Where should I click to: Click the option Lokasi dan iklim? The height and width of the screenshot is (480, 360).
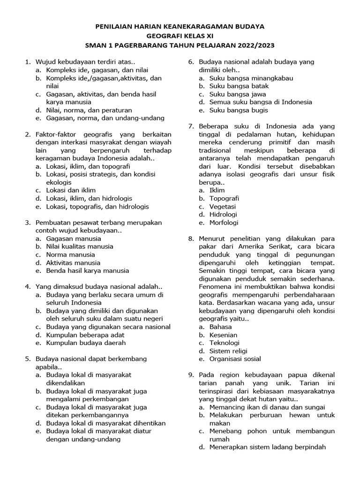coord(71,190)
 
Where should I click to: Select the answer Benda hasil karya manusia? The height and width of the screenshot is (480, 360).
coord(87,270)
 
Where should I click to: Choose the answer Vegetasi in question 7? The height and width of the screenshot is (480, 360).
coord(223,207)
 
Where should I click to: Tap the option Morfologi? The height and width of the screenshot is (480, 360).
coord(224,223)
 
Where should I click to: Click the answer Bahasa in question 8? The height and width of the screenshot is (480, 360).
coord(220,327)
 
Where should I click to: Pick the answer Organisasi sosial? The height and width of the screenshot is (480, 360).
coord(235,359)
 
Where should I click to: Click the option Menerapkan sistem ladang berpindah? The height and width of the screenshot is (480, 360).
coord(267,447)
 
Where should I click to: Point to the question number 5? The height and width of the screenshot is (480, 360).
coord(28,359)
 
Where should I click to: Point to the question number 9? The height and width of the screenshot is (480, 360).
coord(191,375)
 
